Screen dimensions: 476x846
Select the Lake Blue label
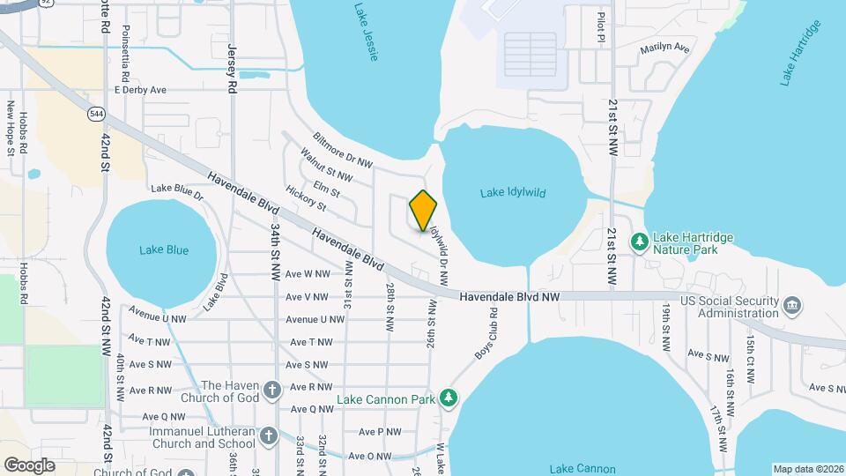tap(164, 249)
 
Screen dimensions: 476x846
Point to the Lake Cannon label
tap(583, 468)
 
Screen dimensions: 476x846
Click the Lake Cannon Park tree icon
tap(449, 398)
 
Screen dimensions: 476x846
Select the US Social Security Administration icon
tap(793, 306)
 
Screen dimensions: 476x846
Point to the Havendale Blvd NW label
tap(509, 299)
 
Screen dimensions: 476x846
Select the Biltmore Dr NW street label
tap(343, 150)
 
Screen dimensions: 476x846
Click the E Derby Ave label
tap(140, 90)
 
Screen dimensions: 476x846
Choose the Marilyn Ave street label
tap(664, 48)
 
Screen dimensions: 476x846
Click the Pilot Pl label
tap(601, 26)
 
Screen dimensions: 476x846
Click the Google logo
tap(30, 465)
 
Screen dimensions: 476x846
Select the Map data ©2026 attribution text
tap(806, 468)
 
